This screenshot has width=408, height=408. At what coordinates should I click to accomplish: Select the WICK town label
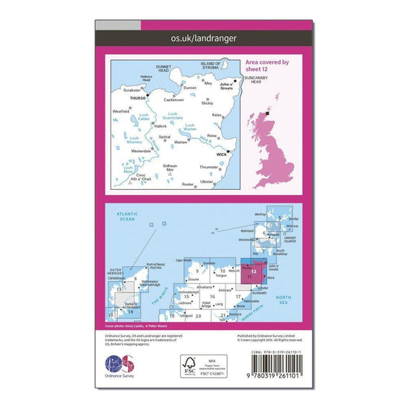pyautogui.click(x=220, y=155)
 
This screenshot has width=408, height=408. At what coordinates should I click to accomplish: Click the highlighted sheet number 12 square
pyautogui.click(x=254, y=271)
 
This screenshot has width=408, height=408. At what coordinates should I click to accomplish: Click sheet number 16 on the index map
pyautogui.click(x=212, y=296)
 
